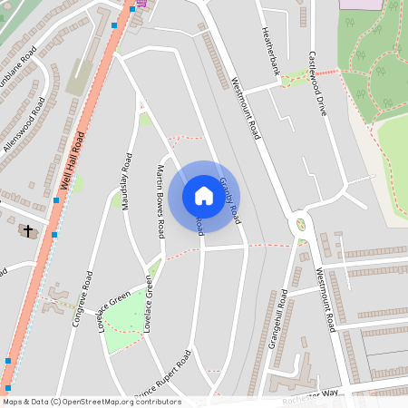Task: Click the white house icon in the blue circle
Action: tap(204, 195)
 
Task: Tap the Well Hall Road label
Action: tap(72, 161)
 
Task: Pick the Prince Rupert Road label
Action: tap(163, 375)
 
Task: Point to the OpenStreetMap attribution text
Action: tap(91, 402)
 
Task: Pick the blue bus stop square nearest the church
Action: tap(54, 235)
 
